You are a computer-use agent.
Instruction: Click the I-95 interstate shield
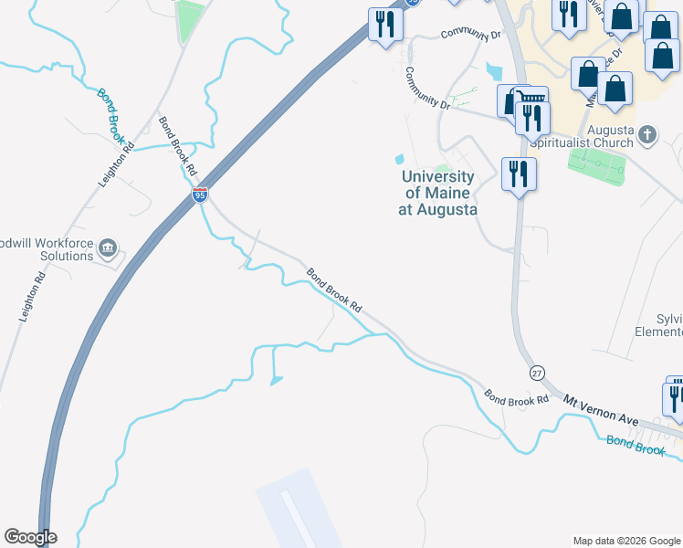pos(200,194)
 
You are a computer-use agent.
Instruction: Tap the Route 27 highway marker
pos(537,373)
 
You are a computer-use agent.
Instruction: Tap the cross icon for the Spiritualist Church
pos(647,136)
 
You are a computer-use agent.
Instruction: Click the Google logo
pos(30,537)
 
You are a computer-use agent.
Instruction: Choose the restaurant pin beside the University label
pos(519,174)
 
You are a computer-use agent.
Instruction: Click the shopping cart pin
pos(532,100)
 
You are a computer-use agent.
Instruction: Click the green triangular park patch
pos(190,20)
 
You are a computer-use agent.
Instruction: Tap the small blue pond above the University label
pos(398,160)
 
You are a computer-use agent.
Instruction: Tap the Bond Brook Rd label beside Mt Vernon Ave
pos(516,398)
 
